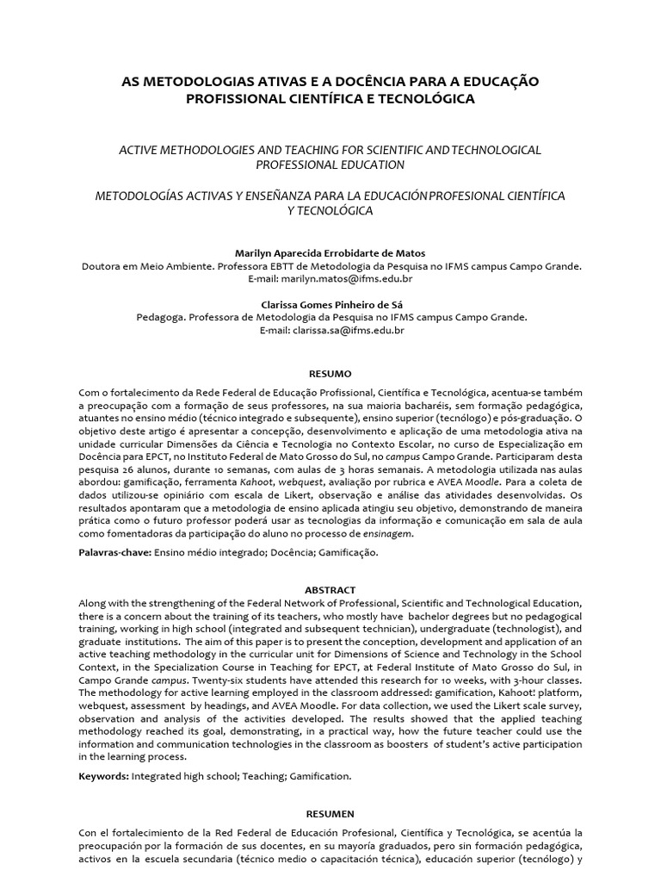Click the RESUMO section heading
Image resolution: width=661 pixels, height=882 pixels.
330,375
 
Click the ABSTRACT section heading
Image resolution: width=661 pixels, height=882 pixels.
330,589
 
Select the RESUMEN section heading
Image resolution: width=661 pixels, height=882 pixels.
330,813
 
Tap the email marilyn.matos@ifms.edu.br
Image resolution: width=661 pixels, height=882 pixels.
352,279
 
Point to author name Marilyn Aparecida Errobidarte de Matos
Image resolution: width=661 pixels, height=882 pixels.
330,253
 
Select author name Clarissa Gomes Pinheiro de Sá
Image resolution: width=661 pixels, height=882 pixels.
330,304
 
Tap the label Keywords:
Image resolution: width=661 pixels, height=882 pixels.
103,775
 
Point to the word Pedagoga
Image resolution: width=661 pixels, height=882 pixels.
160,317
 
